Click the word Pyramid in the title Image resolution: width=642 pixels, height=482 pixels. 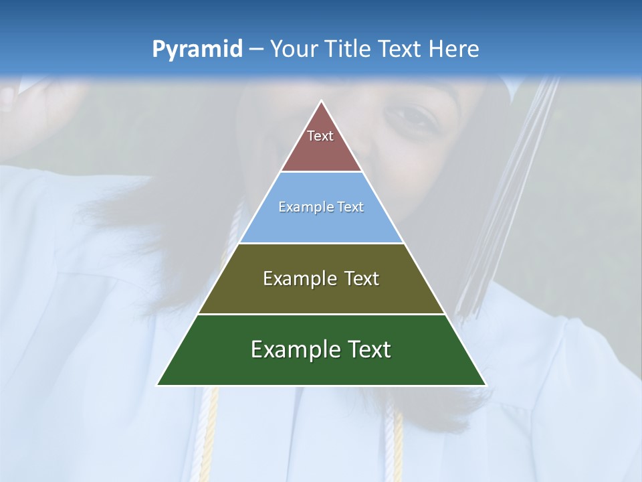pos(197,50)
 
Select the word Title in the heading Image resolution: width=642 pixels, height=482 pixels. pos(348,49)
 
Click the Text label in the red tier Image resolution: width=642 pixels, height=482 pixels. pos(320,136)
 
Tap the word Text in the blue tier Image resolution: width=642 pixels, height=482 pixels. pos(350,207)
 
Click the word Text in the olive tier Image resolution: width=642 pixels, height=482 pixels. pos(362,278)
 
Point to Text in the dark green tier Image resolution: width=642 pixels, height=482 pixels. pos(368,349)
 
